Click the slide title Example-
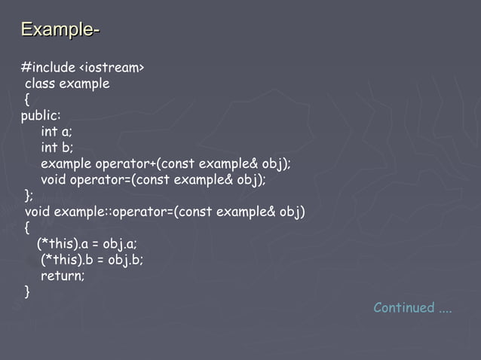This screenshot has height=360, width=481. click(x=60, y=30)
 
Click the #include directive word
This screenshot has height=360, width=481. click(x=48, y=68)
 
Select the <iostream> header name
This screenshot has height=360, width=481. click(x=112, y=68)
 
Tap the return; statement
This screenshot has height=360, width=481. click(x=63, y=276)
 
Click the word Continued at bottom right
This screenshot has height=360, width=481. click(x=404, y=307)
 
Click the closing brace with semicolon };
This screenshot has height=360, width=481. click(x=29, y=196)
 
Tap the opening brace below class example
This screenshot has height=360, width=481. click(x=27, y=99)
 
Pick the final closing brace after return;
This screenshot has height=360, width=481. click(x=28, y=291)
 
